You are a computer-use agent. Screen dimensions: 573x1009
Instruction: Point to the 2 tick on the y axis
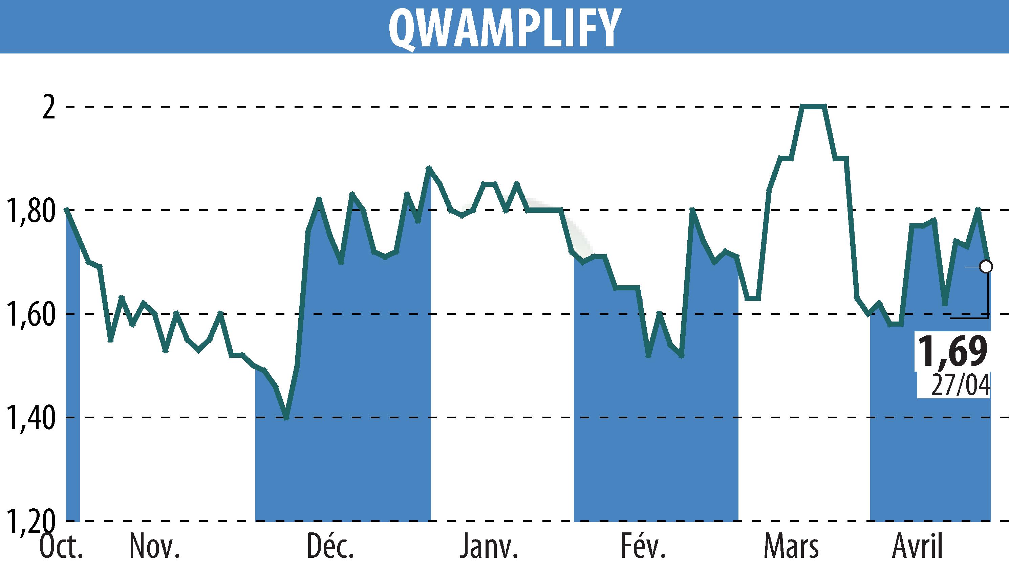(x=48, y=107)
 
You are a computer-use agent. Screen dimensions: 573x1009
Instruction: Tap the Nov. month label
(x=154, y=547)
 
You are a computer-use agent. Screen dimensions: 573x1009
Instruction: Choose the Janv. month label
(x=489, y=547)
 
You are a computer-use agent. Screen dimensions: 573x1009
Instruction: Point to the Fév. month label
(x=643, y=547)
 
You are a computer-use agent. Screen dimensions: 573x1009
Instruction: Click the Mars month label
(x=791, y=547)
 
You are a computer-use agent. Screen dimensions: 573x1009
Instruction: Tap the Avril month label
(x=917, y=547)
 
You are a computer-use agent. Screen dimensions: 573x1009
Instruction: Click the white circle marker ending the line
(x=986, y=266)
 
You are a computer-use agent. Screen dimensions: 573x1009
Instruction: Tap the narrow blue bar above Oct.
(x=73, y=374)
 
